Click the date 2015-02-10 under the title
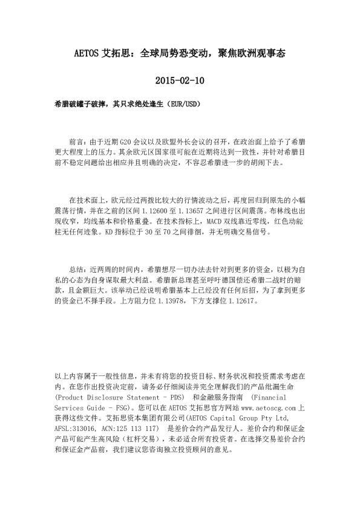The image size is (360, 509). click(180, 80)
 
